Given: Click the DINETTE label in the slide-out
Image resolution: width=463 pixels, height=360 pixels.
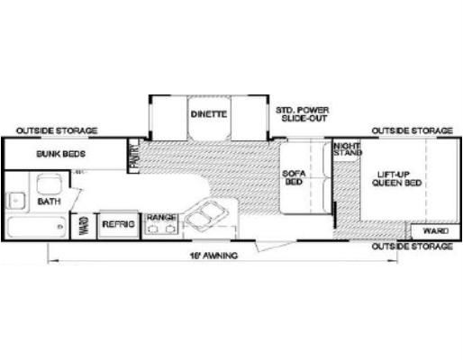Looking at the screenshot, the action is [209, 114].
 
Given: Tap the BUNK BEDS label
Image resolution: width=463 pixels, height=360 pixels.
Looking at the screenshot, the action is [61, 154].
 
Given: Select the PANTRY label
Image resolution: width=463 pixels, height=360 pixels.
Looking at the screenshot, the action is [134, 156].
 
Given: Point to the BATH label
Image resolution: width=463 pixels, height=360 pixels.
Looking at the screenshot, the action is [50, 201].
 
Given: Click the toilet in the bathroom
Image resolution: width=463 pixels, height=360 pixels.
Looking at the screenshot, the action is [50, 184].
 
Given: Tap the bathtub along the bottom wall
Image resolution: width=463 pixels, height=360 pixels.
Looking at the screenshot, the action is [37, 227].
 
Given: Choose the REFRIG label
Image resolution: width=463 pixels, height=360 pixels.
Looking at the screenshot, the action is [118, 224].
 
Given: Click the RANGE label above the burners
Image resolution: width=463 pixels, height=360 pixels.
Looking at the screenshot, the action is [161, 217].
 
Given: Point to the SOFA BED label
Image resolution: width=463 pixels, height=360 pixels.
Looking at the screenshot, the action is [294, 177].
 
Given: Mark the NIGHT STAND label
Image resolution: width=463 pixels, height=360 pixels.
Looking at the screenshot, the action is [348, 149].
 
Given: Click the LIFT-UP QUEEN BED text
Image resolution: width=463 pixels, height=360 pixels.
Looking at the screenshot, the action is [396, 179].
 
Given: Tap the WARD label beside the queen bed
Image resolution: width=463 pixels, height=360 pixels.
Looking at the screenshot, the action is [436, 231].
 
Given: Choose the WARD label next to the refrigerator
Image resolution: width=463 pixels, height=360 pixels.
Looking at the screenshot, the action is [84, 226].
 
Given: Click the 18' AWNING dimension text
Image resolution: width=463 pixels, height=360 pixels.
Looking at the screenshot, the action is [213, 256].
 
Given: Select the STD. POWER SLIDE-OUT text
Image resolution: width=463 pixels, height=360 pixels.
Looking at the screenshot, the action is [303, 114].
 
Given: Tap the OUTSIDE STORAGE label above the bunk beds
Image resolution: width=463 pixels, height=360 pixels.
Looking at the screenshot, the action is [57, 130].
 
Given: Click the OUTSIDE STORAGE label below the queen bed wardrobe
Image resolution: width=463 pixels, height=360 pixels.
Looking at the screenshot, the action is [412, 247].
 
